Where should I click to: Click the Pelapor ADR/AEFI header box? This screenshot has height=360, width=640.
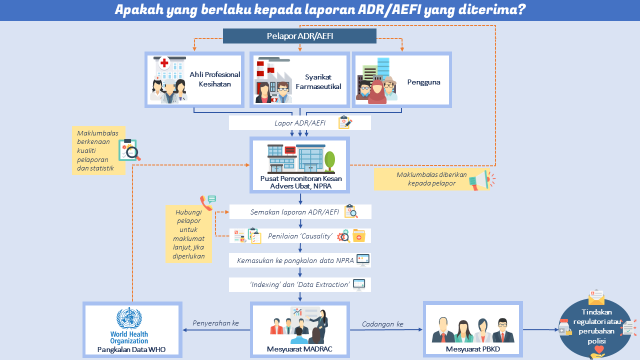pyautogui.click(x=299, y=36)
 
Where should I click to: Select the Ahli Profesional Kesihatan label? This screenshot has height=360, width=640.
pyautogui.click(x=214, y=79)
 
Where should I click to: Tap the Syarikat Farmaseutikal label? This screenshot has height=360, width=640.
pyautogui.click(x=318, y=81)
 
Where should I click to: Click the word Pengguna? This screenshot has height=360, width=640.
pyautogui.click(x=423, y=82)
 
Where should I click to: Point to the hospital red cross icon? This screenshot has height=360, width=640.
pyautogui.click(x=164, y=63)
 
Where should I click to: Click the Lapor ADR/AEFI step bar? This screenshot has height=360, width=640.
pyautogui.click(x=299, y=123)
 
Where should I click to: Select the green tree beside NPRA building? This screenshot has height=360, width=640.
pyautogui.click(x=330, y=159)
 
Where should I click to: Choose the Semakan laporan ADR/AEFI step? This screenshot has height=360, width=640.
pyautogui.click(x=299, y=212)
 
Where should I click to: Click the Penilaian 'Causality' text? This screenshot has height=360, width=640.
pyautogui.click(x=300, y=236)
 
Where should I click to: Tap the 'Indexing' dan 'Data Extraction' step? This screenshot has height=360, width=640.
pyautogui.click(x=299, y=284)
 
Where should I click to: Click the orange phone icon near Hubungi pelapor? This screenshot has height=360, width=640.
pyautogui.click(x=206, y=202)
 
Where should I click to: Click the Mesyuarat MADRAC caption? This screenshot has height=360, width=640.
pyautogui.click(x=299, y=348)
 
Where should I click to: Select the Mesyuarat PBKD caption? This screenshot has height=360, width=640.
pyautogui.click(x=472, y=349)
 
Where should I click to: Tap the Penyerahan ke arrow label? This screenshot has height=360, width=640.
pyautogui.click(x=215, y=323)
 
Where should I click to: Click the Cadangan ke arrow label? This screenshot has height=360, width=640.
pyautogui.click(x=382, y=324)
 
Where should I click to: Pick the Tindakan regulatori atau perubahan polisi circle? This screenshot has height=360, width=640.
pyautogui.click(x=595, y=325)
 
